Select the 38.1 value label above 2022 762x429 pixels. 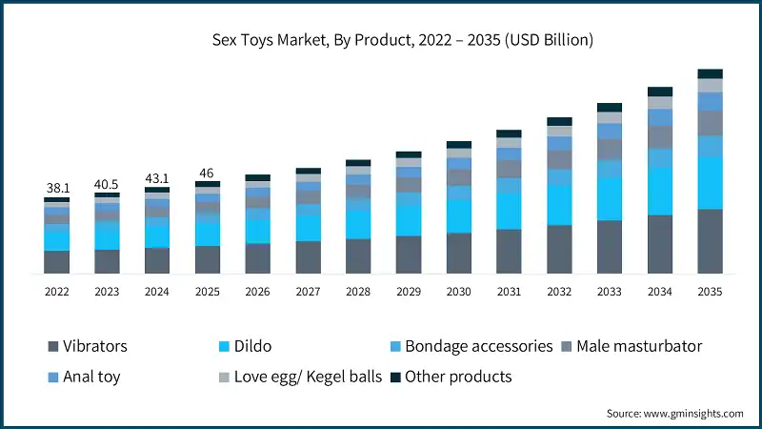point(56,189)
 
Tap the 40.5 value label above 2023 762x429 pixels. point(107,184)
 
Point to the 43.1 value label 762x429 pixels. point(157,178)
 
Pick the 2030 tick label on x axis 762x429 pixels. point(459,292)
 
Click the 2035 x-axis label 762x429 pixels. point(711,292)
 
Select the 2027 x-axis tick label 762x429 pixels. point(308,292)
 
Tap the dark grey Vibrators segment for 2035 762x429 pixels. point(710,241)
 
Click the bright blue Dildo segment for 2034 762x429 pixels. point(659,191)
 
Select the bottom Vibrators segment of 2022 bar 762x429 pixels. point(56,262)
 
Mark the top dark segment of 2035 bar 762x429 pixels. point(710,73)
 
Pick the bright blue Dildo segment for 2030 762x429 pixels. point(459,215)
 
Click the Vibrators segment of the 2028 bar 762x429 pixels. point(358,256)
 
